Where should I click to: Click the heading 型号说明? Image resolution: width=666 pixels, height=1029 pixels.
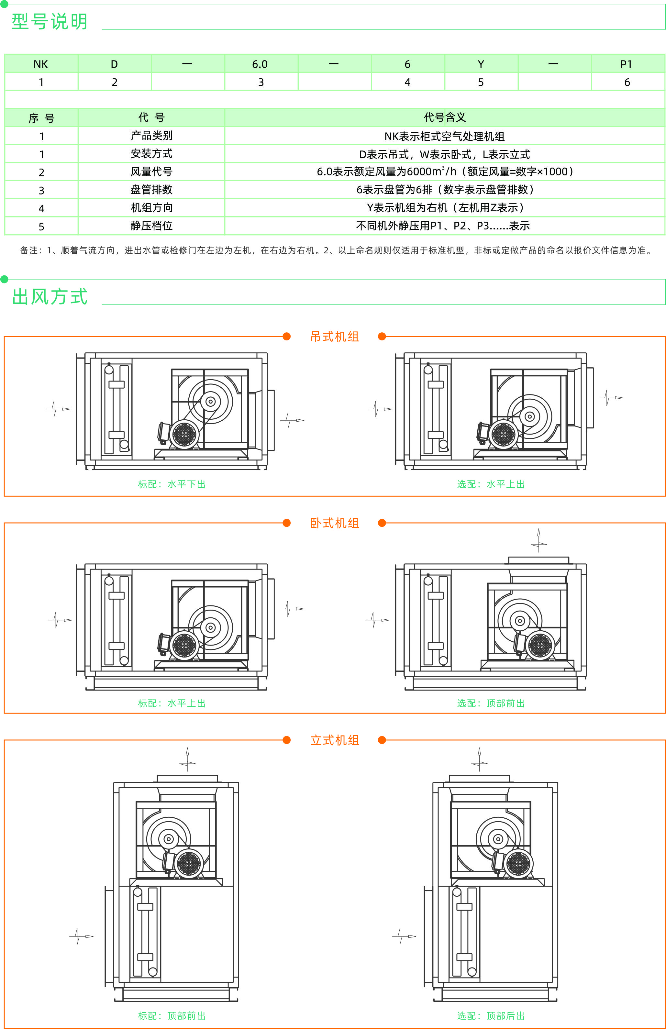[49, 21]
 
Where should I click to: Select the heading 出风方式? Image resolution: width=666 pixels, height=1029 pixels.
[49, 297]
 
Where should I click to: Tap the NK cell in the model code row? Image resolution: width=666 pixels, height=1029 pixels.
[41, 64]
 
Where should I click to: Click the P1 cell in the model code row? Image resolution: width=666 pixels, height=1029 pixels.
[626, 64]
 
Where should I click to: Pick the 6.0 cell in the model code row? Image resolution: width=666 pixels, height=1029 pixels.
[260, 64]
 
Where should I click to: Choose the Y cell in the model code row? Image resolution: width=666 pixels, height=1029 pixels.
[481, 64]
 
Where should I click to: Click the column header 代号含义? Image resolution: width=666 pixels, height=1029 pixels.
[445, 117]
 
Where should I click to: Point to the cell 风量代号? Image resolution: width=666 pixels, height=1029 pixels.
[151, 171]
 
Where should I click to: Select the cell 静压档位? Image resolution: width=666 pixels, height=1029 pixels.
[151, 226]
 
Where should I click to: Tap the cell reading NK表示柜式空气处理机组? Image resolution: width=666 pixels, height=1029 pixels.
[445, 136]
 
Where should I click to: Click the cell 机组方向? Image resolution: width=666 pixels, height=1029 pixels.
[151, 207]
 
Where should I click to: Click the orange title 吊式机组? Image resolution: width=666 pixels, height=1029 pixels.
[334, 337]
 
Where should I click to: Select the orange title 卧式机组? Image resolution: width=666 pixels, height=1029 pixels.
[334, 523]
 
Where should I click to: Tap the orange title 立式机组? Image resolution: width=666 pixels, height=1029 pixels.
[334, 740]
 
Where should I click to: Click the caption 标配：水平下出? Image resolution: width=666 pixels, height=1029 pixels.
[172, 484]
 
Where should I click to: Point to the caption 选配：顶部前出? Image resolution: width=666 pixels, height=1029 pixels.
[491, 703]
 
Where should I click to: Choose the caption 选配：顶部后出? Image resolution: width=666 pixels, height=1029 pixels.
[491, 1016]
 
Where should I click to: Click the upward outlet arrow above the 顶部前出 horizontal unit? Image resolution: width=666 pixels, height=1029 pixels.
[538, 540]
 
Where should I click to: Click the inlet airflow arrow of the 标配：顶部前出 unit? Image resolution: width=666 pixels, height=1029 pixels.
[81, 936]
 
